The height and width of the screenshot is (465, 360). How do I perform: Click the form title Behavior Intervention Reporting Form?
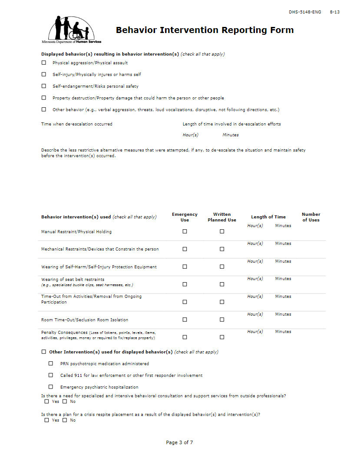(x=205, y=30)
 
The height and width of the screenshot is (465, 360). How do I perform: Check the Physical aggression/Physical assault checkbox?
(x=43, y=63)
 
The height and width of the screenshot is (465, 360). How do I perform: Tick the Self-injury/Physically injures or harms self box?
(x=43, y=74)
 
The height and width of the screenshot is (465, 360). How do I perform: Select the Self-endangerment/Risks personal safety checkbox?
(x=43, y=86)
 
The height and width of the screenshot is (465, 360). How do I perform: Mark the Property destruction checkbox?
(x=43, y=98)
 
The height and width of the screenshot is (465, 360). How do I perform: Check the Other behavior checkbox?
(x=43, y=109)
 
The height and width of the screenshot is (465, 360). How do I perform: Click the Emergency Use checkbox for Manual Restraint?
(x=185, y=231)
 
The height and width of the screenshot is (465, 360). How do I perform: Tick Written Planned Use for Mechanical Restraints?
(x=222, y=249)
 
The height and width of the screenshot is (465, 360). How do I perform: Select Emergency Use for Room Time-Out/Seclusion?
(x=185, y=320)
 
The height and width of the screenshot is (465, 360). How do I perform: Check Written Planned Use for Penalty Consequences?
(x=222, y=337)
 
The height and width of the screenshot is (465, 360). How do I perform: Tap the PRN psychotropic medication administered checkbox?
(x=51, y=363)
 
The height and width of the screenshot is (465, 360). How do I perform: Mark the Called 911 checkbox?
(x=51, y=375)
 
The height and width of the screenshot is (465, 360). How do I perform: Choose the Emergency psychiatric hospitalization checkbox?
(x=51, y=387)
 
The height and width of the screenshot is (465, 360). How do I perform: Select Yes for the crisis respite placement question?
(x=47, y=420)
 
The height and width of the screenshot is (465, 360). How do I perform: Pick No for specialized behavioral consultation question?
(x=65, y=402)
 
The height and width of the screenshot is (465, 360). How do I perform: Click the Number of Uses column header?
(x=311, y=217)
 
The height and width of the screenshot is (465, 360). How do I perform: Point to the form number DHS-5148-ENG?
(x=305, y=12)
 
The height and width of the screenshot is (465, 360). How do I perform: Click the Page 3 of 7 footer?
(x=179, y=442)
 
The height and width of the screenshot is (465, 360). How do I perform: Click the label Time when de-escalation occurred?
(x=77, y=124)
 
